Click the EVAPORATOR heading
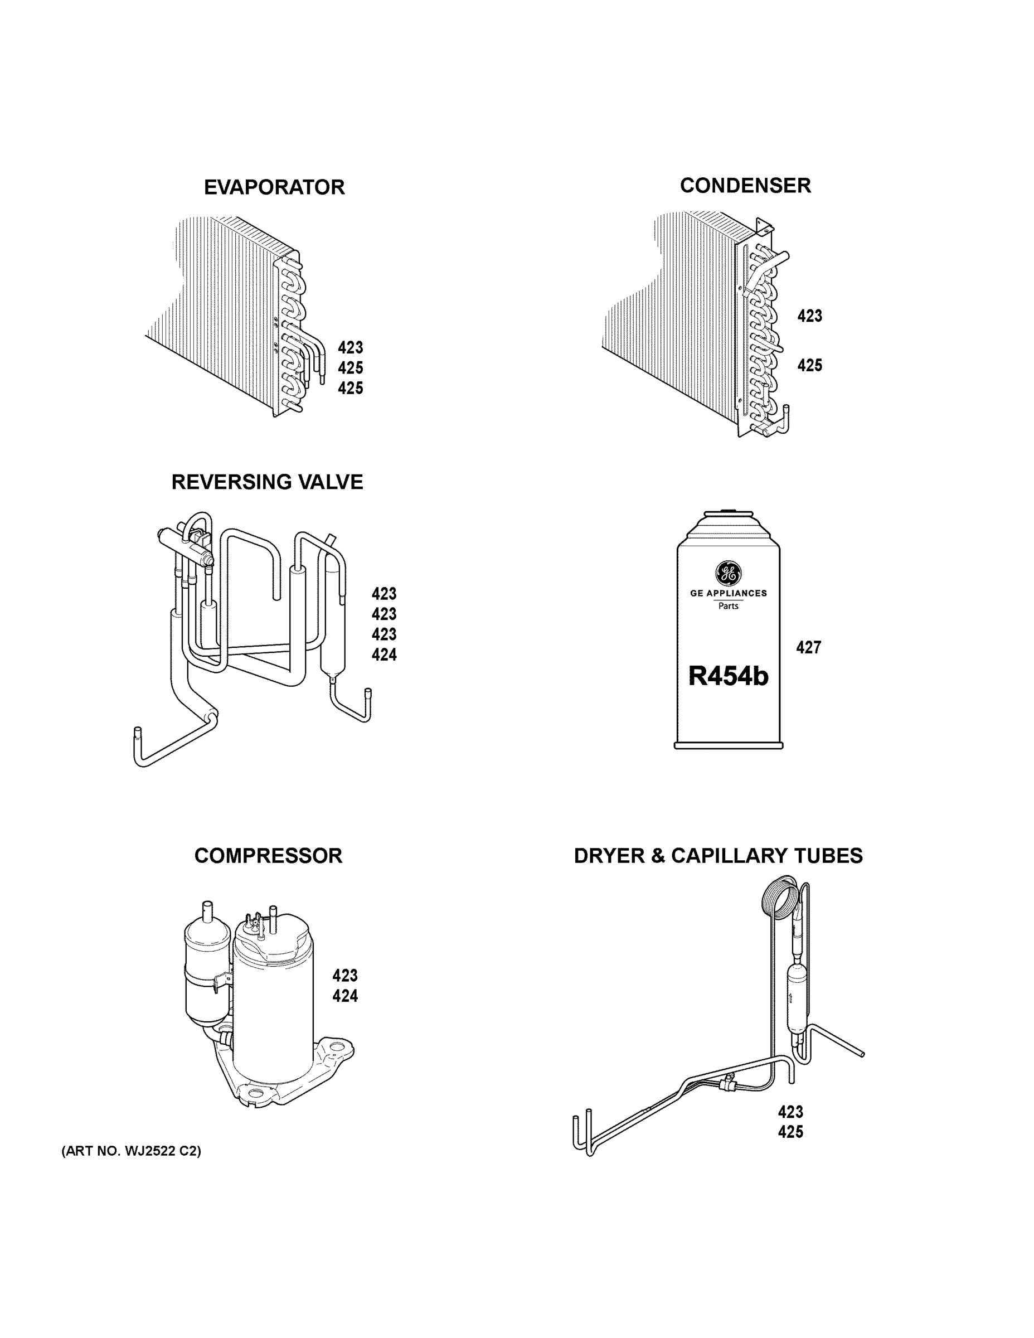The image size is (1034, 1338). tap(274, 187)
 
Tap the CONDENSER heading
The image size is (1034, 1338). tap(745, 186)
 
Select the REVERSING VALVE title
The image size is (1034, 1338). tap(267, 482)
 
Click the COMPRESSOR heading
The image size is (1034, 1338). tap(268, 856)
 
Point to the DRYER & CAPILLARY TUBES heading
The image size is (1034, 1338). tap(718, 856)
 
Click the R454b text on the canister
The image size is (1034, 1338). tap(728, 676)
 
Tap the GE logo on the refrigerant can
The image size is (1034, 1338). tap(729, 574)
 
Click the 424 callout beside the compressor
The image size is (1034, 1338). tap(345, 996)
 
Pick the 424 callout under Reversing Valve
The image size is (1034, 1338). tap(384, 655)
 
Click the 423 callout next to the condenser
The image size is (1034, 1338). tap(809, 316)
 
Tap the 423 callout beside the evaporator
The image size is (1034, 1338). tap(351, 348)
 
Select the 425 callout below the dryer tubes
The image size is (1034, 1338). tap(790, 1132)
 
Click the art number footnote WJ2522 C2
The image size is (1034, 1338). tap(131, 1151)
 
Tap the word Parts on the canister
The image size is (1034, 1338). tap(729, 607)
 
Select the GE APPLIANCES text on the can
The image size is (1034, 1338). tap(729, 593)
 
